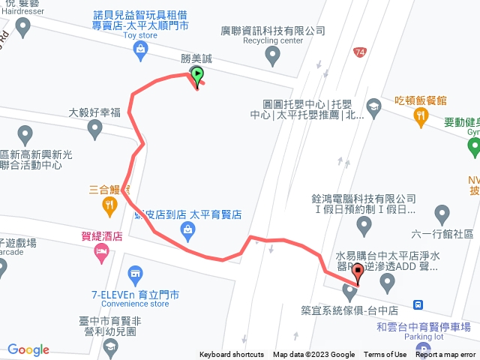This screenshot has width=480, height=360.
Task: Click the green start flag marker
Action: point(196,74)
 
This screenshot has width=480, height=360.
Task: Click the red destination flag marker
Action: point(358,271)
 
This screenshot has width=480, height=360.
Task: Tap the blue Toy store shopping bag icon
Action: point(139,49)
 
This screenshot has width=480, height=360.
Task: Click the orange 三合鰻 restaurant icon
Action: point(109,204)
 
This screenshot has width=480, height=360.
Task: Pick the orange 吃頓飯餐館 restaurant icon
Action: point(420,115)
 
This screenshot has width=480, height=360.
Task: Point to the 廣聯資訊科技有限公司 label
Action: point(273,31)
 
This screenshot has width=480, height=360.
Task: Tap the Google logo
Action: point(28,349)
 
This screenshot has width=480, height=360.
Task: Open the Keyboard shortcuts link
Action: point(232,355)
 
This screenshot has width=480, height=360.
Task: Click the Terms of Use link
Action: point(385,355)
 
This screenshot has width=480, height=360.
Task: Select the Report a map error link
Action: point(445,355)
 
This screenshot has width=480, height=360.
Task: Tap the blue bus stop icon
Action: point(423,305)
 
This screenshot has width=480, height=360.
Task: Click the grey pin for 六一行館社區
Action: point(442,213)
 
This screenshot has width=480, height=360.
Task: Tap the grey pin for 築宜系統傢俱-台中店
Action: point(349,291)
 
